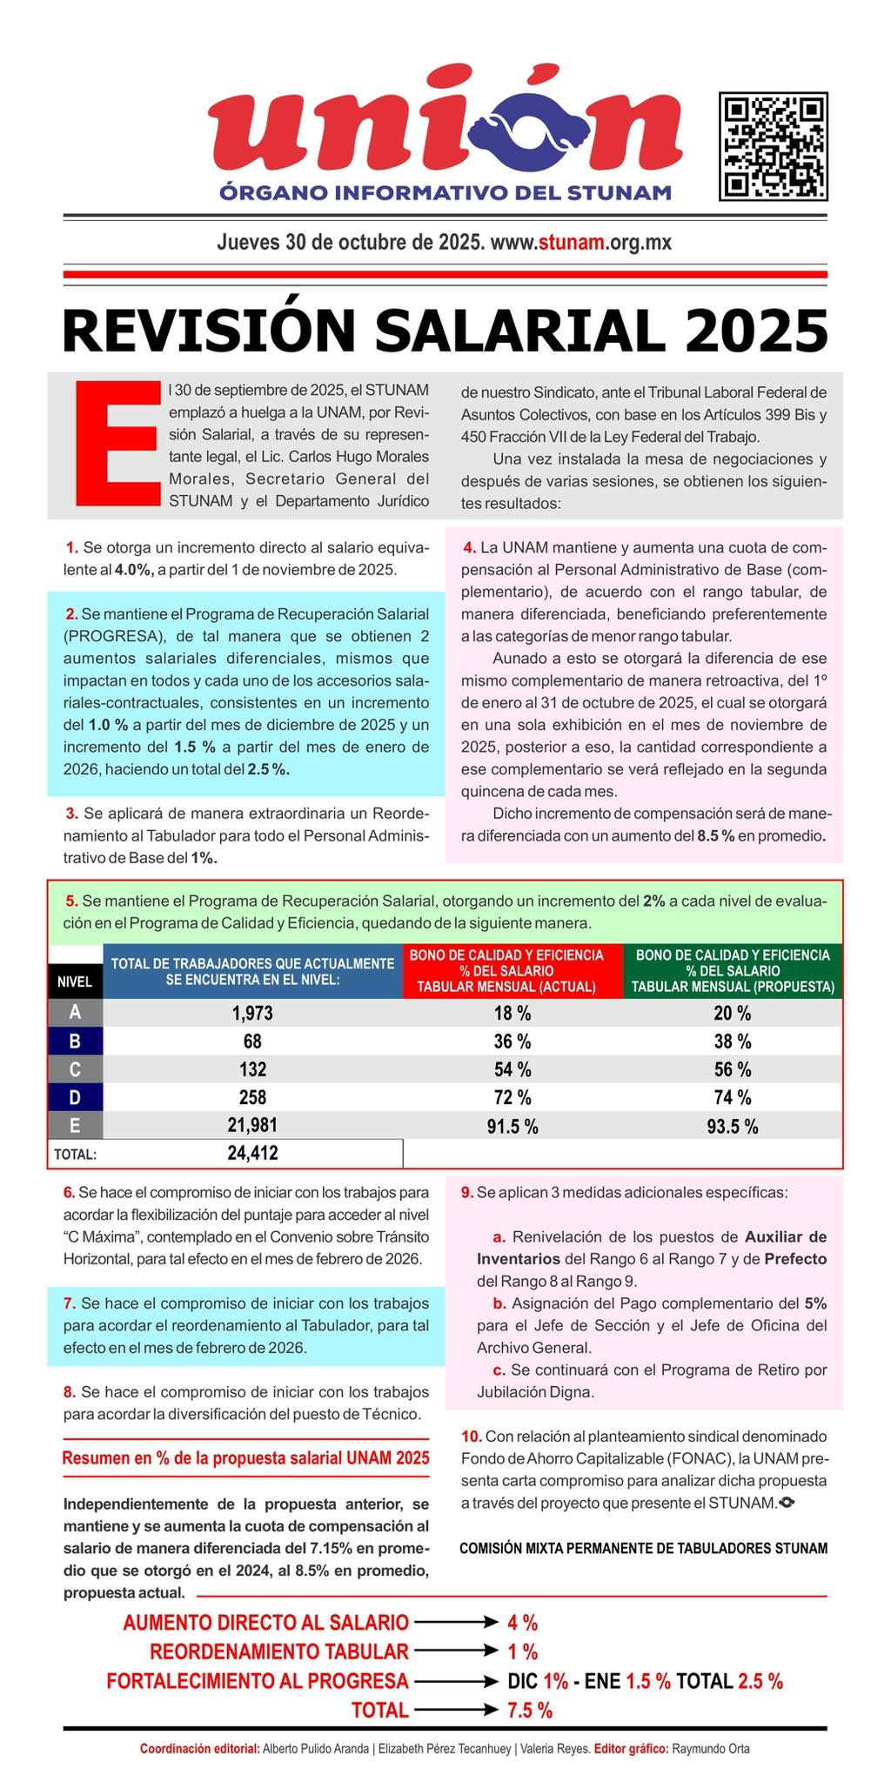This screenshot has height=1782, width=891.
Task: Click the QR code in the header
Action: point(773,147)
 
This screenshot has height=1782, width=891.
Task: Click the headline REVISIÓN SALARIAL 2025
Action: point(445,331)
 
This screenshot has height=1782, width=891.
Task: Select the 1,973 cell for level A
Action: point(252,1013)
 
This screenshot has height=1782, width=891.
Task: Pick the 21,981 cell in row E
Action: point(252,1125)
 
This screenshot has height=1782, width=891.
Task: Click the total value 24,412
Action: point(252,1154)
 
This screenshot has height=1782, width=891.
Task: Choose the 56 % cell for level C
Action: point(732,1069)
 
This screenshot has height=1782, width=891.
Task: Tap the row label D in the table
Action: point(75,1097)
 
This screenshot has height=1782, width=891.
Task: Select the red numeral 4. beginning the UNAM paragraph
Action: point(469,548)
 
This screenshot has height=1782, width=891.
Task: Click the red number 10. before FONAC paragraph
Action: point(471,1436)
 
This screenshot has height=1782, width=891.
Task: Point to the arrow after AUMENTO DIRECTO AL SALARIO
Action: point(454,1622)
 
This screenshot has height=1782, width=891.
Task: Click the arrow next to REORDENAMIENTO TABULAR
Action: point(454,1651)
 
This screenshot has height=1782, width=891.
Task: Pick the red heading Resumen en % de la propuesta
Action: point(246,1458)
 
